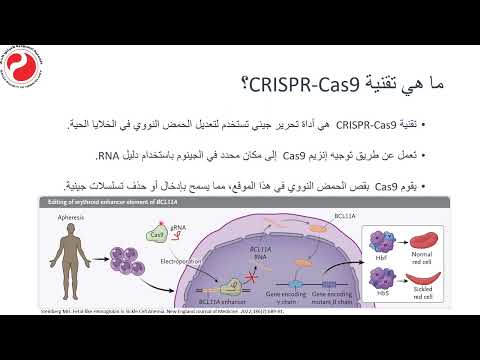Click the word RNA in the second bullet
[109, 156]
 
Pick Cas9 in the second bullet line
[297, 156]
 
